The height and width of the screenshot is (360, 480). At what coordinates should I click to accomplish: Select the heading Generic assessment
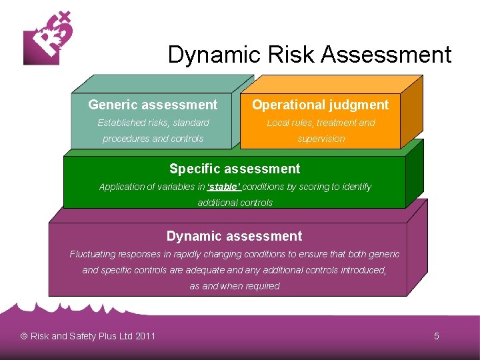click(153, 105)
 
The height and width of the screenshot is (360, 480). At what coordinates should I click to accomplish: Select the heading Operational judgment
click(320, 105)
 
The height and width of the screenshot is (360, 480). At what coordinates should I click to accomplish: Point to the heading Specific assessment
click(235, 169)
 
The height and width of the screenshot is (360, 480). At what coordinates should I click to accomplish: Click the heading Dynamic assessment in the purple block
click(234, 236)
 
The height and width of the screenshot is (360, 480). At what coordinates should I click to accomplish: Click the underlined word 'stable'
click(224, 187)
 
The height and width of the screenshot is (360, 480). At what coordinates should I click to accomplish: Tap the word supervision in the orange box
click(321, 139)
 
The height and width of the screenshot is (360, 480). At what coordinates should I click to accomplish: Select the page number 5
click(437, 336)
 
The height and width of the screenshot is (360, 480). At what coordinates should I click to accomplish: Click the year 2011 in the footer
click(145, 336)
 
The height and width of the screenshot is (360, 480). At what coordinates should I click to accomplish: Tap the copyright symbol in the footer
click(24, 336)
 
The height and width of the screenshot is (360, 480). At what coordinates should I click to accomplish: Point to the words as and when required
click(235, 286)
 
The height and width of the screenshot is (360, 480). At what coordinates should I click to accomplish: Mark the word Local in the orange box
click(278, 123)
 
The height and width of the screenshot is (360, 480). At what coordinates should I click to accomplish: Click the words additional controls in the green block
click(235, 203)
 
